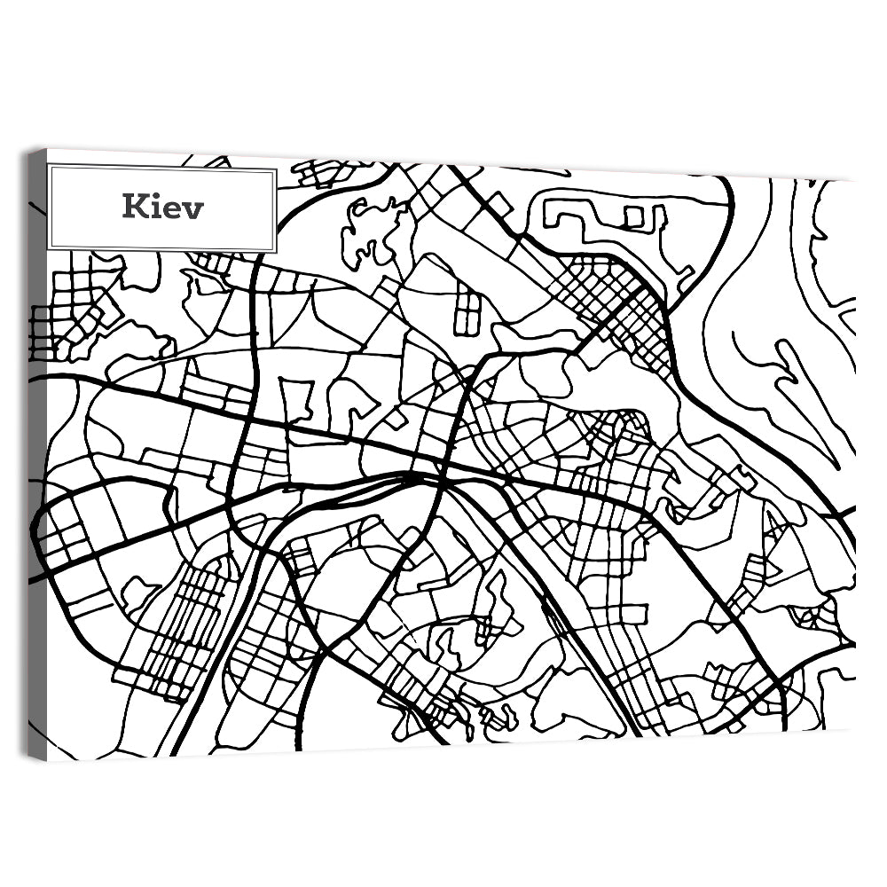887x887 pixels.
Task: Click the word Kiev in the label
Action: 163,208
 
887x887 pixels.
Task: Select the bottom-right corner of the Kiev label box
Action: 275,251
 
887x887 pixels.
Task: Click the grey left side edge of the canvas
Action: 36,443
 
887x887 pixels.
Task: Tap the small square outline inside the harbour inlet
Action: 633,216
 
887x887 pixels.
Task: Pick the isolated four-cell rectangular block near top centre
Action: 467,313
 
